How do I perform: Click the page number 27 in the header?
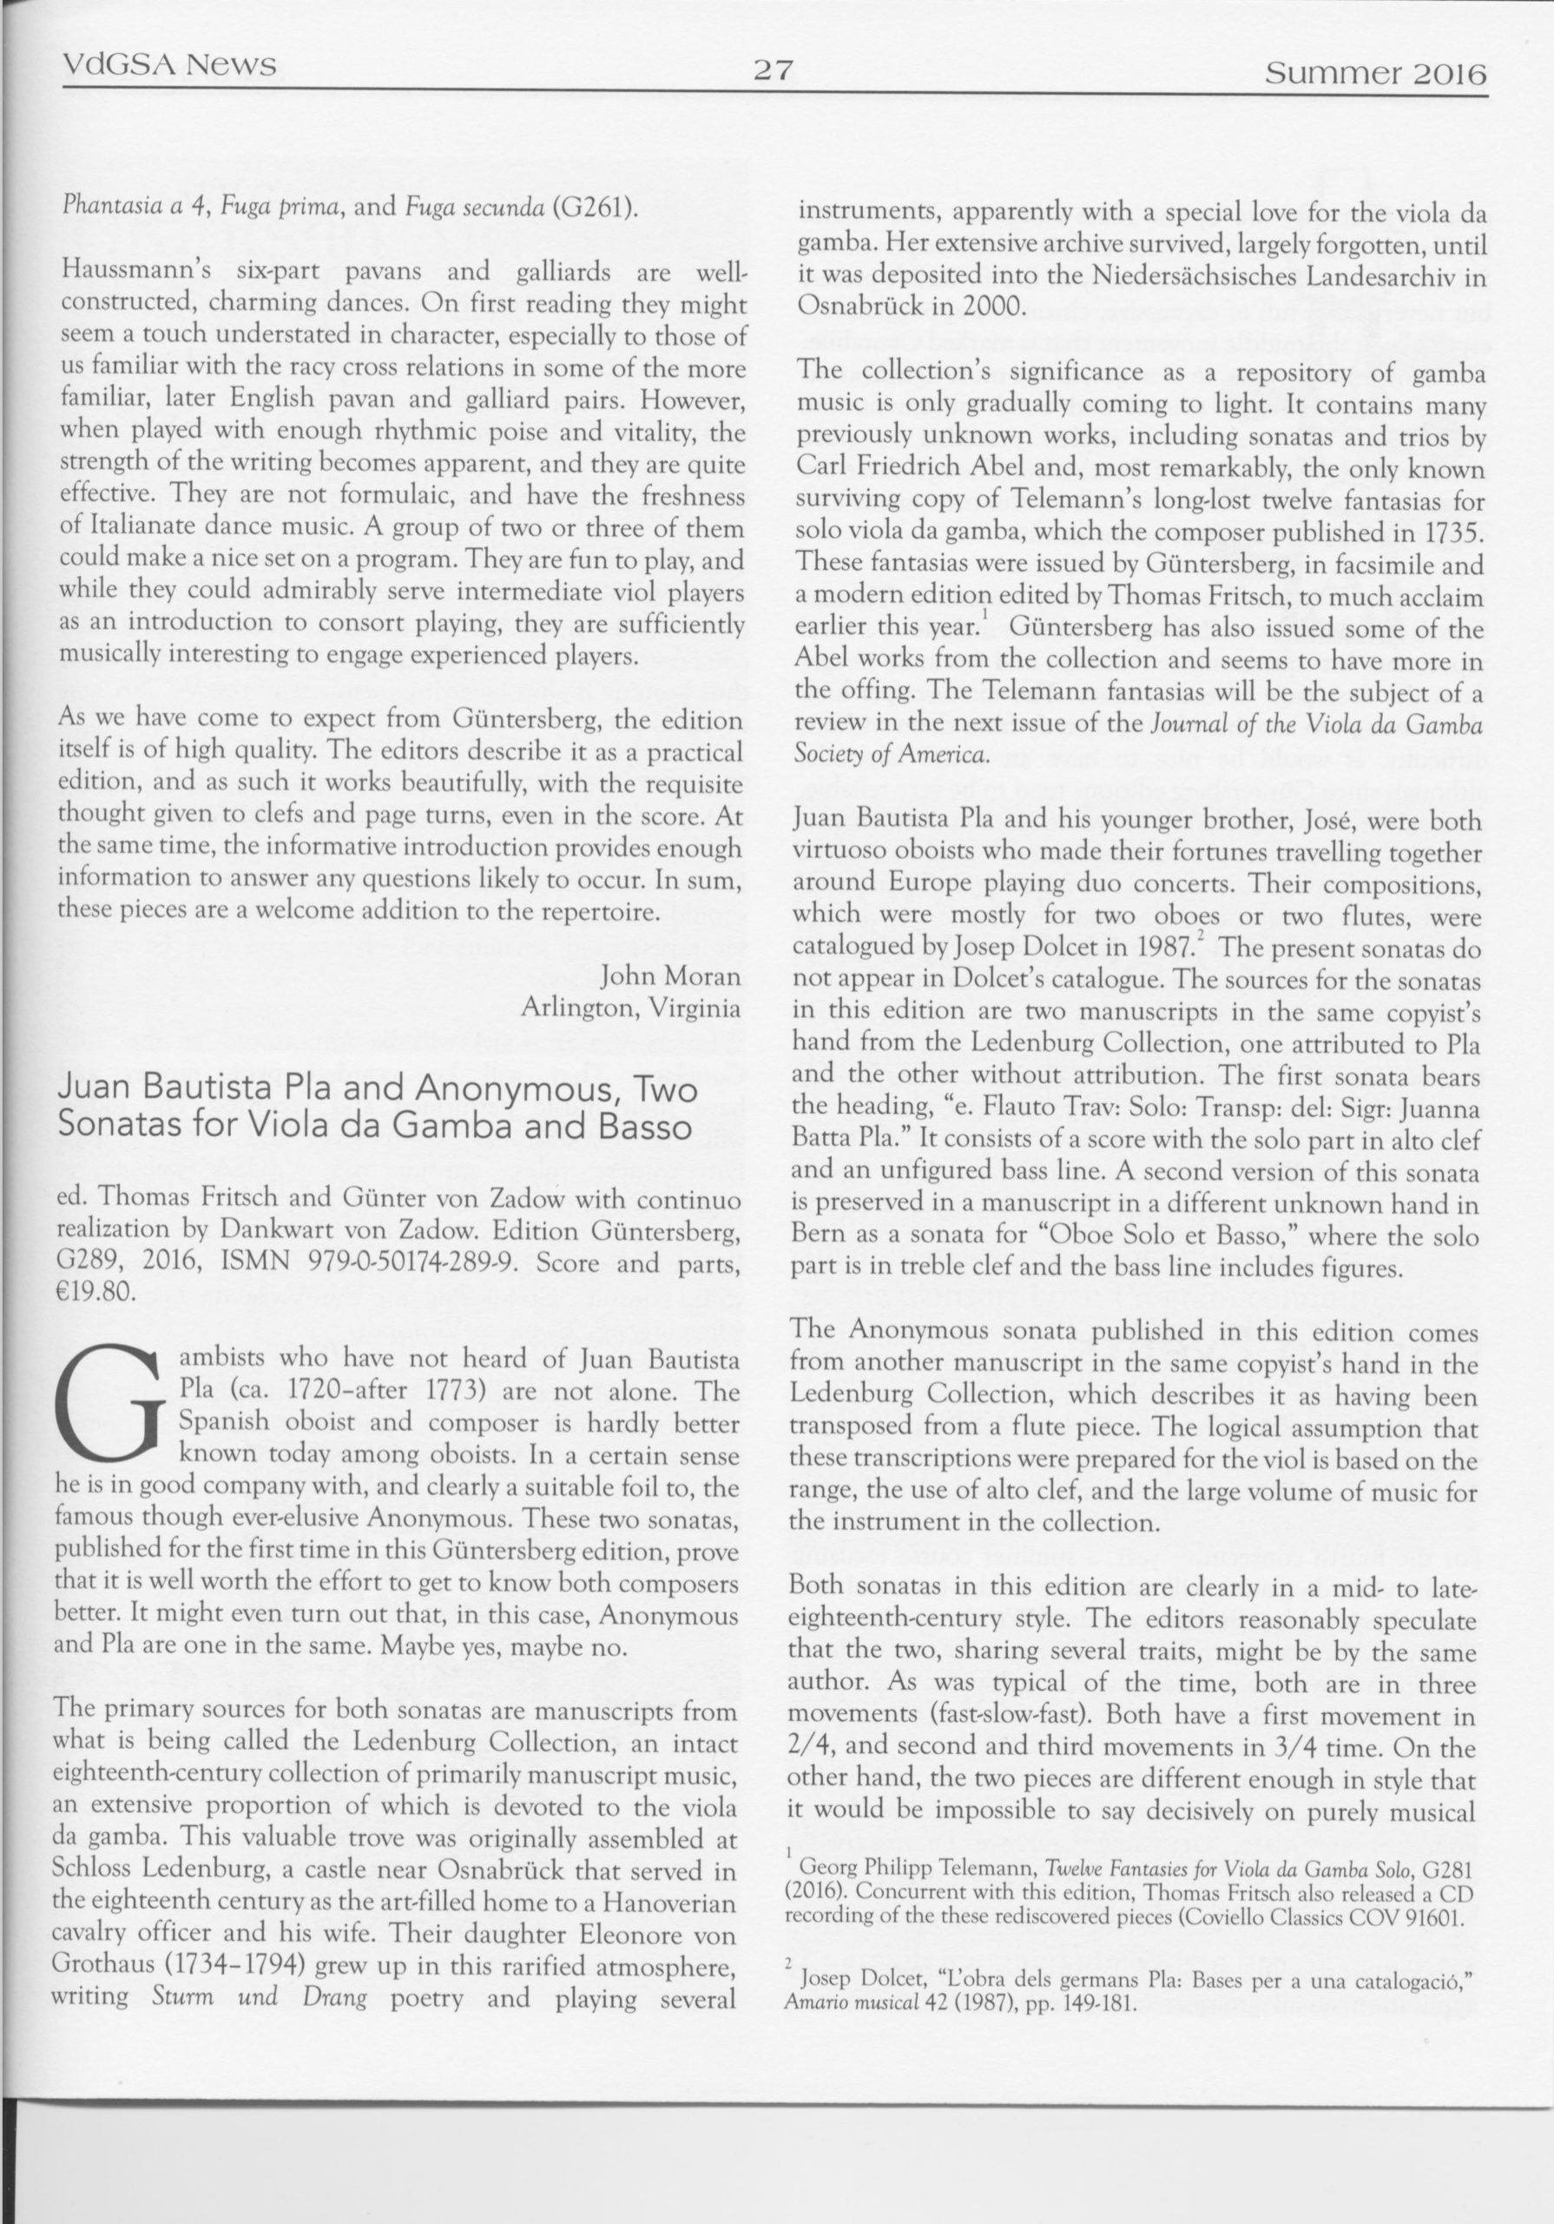[x=773, y=69]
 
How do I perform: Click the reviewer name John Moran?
[x=671, y=975]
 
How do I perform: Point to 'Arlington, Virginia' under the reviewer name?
[x=631, y=1008]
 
